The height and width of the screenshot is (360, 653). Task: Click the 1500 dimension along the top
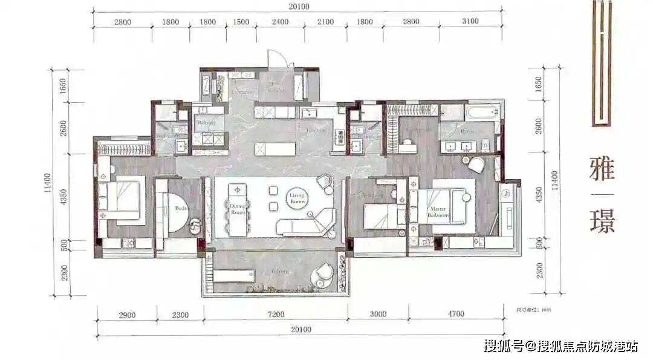[241, 22]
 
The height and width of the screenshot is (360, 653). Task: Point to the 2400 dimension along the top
[279, 22]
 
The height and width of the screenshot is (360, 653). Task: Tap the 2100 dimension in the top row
[325, 22]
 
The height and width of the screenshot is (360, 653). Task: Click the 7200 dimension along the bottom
[275, 314]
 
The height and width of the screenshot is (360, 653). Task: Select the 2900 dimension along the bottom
[127, 314]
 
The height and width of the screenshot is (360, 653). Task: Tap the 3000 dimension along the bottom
[378, 314]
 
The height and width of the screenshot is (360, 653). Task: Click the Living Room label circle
[297, 198]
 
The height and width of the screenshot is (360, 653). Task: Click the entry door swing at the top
[277, 59]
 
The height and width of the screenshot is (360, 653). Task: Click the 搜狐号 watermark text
[502, 346]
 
